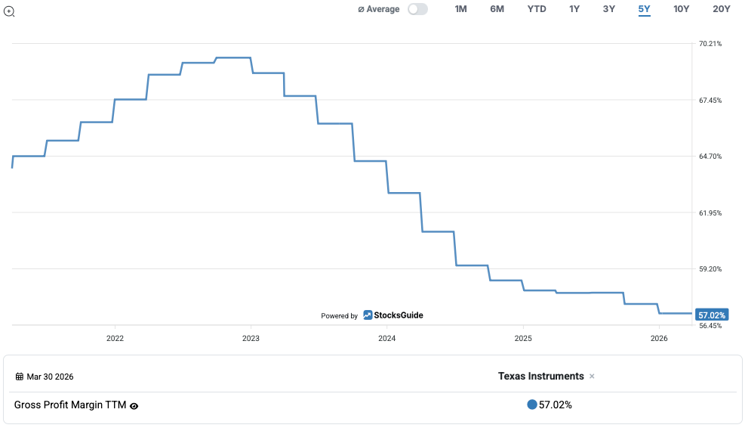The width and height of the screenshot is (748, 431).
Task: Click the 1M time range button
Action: point(460,9)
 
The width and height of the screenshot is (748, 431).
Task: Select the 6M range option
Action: point(497,9)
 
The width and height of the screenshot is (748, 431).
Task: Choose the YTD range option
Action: point(537,9)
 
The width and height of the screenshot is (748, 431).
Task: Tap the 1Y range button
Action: point(574,9)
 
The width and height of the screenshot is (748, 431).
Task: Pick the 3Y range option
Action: point(609,9)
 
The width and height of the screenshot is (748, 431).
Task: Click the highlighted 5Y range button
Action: point(644,9)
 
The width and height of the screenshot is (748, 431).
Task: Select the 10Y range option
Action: point(682,9)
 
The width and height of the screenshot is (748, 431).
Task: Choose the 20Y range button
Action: point(722,9)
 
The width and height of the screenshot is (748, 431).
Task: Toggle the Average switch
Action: point(417,9)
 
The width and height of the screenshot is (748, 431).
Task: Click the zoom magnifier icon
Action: point(9,11)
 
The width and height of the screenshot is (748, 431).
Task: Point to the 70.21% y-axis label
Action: point(710,44)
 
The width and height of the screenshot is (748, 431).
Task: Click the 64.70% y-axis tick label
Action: point(710,157)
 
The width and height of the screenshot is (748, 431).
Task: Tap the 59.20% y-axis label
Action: point(710,269)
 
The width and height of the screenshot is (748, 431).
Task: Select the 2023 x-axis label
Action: point(251,339)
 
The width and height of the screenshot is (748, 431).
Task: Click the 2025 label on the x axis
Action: point(522,339)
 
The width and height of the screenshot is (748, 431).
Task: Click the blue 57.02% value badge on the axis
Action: point(711,315)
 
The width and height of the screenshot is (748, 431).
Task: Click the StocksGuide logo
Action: point(393,315)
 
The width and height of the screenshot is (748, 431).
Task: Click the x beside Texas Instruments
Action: point(592,377)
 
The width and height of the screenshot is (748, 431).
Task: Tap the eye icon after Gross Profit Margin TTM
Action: point(134,406)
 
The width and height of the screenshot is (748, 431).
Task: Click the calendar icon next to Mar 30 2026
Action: point(20,377)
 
